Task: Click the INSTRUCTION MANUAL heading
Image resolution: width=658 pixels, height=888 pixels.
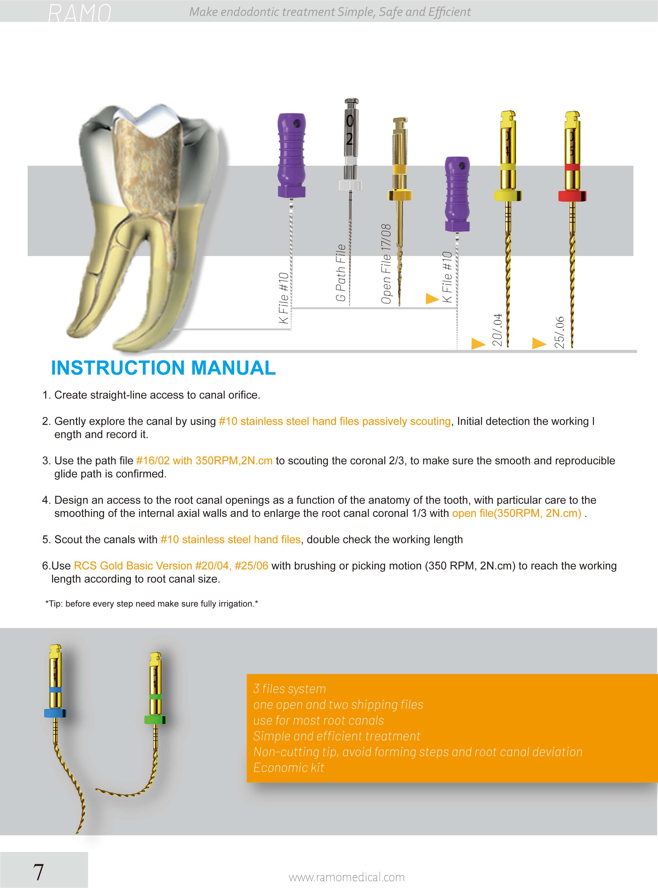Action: point(163,368)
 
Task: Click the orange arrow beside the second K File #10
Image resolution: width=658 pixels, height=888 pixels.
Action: point(432,298)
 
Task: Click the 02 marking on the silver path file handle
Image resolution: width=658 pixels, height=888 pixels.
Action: point(349,130)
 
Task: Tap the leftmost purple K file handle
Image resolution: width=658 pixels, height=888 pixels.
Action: point(292,155)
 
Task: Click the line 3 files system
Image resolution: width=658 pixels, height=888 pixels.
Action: point(289,689)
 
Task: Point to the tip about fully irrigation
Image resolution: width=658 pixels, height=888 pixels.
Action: point(151,604)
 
